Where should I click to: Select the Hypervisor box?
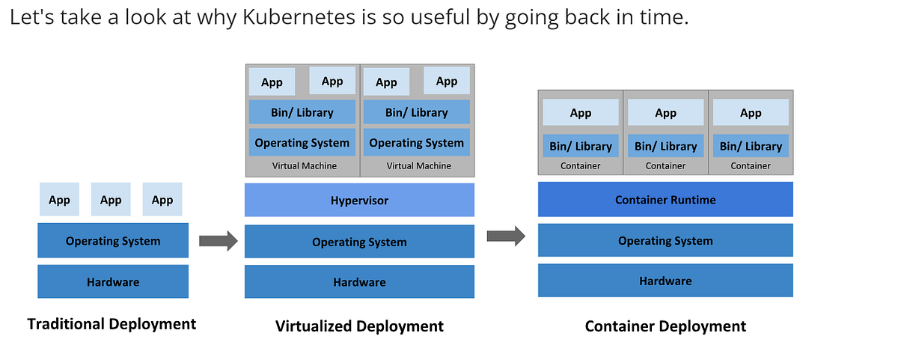click(359, 200)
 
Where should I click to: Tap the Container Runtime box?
click(665, 199)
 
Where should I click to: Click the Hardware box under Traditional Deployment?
click(113, 281)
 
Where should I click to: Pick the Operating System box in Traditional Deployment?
click(113, 240)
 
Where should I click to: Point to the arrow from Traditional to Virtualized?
click(218, 240)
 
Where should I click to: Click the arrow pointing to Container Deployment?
click(506, 237)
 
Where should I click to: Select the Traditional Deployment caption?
click(112, 323)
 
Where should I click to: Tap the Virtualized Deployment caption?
click(359, 326)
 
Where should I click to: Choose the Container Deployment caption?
click(665, 326)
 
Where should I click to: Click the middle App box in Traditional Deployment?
click(111, 200)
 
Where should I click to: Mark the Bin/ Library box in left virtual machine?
click(302, 112)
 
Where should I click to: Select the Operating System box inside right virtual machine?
click(416, 142)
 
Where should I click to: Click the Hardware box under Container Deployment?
click(665, 281)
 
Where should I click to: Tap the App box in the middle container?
click(665, 112)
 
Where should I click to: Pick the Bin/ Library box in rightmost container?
click(751, 146)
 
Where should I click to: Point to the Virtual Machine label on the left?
click(303, 165)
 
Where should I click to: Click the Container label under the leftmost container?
click(580, 165)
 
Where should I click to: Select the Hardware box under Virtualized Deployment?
click(359, 281)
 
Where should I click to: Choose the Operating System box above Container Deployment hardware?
click(665, 240)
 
